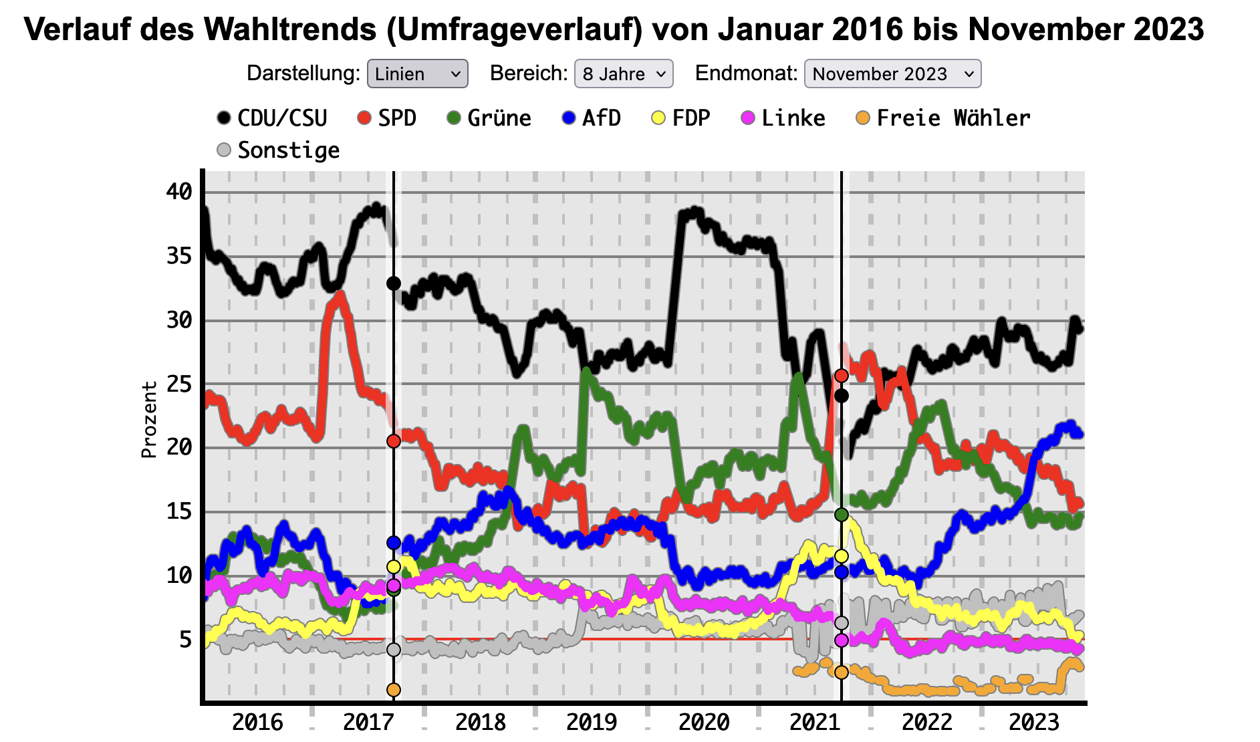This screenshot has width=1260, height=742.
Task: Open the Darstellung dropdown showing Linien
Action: pyautogui.click(x=417, y=74)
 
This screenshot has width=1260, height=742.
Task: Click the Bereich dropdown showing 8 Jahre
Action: pyautogui.click(x=623, y=74)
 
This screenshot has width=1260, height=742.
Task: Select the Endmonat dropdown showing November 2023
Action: pyautogui.click(x=892, y=74)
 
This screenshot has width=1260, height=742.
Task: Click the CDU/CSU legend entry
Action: pyautogui.click(x=272, y=118)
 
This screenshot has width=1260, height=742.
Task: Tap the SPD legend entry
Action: pyautogui.click(x=387, y=118)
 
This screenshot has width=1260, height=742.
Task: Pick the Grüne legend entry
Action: pyautogui.click(x=489, y=118)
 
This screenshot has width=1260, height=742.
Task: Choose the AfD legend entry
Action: pyautogui.click(x=592, y=118)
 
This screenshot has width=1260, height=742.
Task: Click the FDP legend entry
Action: pyautogui.click(x=681, y=118)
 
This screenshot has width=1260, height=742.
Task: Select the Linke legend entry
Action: pyautogui.click(x=783, y=118)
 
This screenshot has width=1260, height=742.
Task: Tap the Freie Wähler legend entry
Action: pyautogui.click(x=943, y=118)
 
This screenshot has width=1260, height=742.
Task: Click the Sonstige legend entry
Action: pyautogui.click(x=279, y=150)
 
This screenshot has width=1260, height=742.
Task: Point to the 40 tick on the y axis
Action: pyautogui.click(x=179, y=192)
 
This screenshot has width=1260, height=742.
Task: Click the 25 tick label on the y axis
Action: pyautogui.click(x=179, y=384)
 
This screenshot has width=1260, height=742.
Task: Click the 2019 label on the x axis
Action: pyautogui.click(x=592, y=722)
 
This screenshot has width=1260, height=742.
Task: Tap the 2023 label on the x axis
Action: pyautogui.click(x=1034, y=722)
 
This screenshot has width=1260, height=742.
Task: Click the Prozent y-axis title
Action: pyautogui.click(x=148, y=420)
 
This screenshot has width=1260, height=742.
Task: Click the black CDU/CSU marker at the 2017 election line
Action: pyautogui.click(x=394, y=283)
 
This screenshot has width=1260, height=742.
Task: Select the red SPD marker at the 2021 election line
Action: pyautogui.click(x=842, y=376)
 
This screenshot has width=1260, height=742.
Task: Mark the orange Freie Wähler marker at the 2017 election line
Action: pyautogui.click(x=394, y=689)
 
